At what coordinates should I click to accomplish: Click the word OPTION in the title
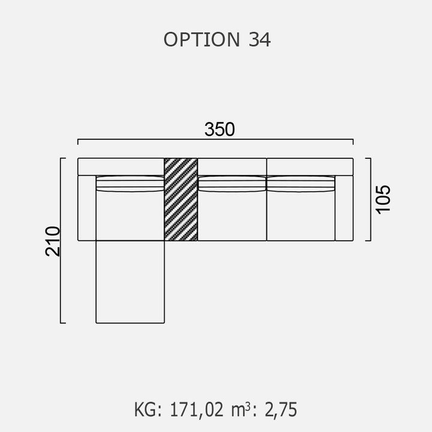202,40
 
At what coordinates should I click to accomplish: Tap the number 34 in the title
260,40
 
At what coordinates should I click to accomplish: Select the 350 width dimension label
220,129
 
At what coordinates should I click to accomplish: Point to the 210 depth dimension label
53,241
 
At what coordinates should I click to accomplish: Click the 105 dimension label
383,199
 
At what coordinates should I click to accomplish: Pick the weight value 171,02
196,410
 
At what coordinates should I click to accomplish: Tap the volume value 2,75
281,410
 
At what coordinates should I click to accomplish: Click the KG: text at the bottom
148,410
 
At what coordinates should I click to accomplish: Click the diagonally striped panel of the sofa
181,199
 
